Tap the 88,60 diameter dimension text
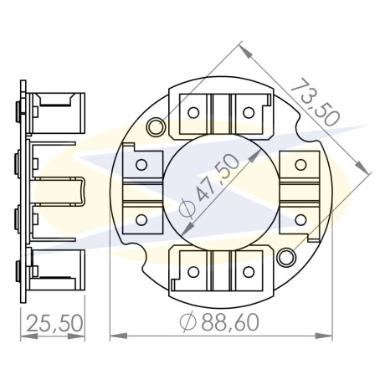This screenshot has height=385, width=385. tap(230, 322)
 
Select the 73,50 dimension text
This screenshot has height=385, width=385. tap(316, 102)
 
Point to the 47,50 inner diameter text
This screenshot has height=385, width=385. tap(217, 177)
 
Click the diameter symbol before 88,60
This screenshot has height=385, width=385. tap(188, 322)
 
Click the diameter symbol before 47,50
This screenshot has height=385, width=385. tap(186, 208)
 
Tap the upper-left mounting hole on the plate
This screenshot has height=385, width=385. tap(155, 127)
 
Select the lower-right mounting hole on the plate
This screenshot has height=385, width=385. tap(286, 257)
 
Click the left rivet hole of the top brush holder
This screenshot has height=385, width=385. tap(193, 113)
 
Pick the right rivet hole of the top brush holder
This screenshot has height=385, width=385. tap(249, 113)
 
